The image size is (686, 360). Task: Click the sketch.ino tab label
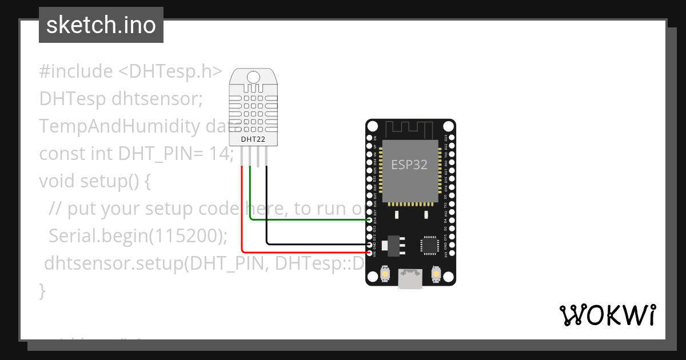101,25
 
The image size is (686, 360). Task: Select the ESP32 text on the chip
409,165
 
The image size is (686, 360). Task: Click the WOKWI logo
607,315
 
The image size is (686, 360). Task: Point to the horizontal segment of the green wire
309,219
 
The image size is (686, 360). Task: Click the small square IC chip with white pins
429,244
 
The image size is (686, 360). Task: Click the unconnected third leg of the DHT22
258,157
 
